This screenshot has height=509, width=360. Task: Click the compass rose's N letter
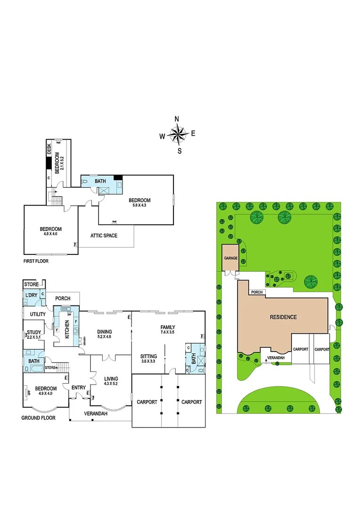[x=177, y=119]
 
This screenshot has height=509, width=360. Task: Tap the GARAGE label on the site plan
[x=230, y=258]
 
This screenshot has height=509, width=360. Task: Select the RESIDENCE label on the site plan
[x=283, y=317]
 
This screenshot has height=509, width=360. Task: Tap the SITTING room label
[x=148, y=356]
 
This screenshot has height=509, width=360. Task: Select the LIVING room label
[x=111, y=378]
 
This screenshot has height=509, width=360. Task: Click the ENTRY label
[x=78, y=387]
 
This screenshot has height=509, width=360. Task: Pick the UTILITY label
[x=38, y=314]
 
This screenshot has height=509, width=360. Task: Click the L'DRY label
[x=31, y=295]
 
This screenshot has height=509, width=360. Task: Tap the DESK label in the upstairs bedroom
[x=49, y=149]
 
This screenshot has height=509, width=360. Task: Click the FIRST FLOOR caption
[x=36, y=261]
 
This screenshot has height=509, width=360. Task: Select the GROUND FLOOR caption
[x=39, y=418]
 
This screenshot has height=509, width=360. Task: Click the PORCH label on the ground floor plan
[x=63, y=298]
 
